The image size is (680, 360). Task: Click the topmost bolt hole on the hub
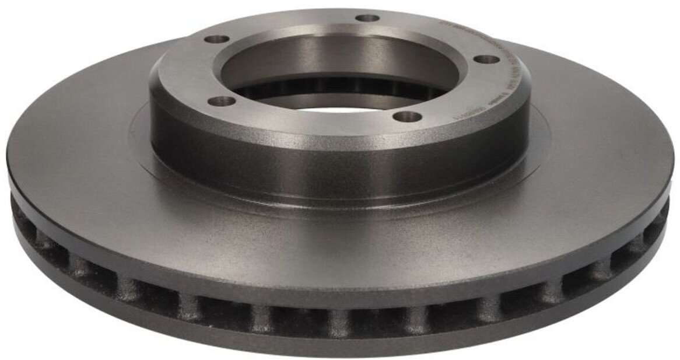367,18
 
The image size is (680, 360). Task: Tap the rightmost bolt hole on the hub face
486,60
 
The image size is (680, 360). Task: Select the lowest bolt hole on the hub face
407,117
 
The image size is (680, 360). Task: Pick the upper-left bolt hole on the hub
217,40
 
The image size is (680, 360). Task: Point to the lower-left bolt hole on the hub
222,102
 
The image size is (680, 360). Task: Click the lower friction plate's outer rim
338,348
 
